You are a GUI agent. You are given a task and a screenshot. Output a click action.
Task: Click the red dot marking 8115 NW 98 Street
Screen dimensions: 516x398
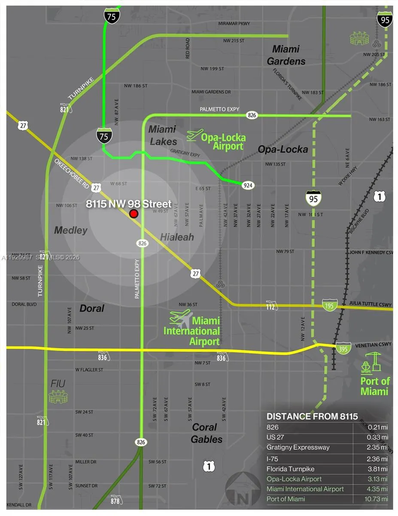pyautogui.click(x=134, y=214)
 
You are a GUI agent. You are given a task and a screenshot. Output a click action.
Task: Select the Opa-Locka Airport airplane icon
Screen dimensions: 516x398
pyautogui.click(x=195, y=135)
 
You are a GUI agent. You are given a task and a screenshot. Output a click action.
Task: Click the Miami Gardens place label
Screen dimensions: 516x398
pyautogui.click(x=286, y=55)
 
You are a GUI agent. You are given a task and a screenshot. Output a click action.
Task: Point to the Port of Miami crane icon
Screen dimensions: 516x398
pyautogui.click(x=372, y=362)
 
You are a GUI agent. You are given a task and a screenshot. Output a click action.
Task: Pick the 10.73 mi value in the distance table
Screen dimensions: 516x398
pyautogui.click(x=377, y=499)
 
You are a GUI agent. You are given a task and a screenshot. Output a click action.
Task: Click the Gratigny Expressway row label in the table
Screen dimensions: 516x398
pyautogui.click(x=298, y=448)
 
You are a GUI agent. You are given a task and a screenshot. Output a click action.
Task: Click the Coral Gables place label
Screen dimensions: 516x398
pyautogui.click(x=207, y=433)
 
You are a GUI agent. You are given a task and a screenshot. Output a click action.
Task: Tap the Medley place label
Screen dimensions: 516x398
pyautogui.click(x=70, y=230)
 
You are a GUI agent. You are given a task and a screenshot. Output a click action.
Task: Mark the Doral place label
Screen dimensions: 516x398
pyautogui.click(x=92, y=308)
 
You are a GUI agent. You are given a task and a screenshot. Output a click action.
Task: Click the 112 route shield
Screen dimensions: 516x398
pyautogui.click(x=271, y=305)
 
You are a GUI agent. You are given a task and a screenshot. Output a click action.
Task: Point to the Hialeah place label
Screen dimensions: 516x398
pyautogui.click(x=177, y=237)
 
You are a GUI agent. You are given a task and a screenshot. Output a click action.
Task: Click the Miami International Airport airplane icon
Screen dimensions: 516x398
pyautogui.click(x=181, y=318)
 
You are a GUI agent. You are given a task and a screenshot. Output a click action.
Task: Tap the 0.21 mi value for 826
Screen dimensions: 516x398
pyautogui.click(x=378, y=427)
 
